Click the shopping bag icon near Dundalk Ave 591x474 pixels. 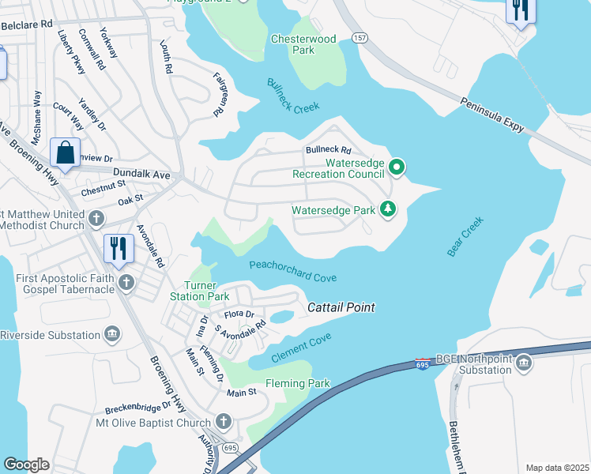click(66, 151)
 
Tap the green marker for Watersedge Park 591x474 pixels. click(388, 209)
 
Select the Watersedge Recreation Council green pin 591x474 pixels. click(397, 167)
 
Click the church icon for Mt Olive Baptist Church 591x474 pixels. click(224, 422)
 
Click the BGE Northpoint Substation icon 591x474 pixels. click(524, 363)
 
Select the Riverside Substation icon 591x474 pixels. click(113, 334)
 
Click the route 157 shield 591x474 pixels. click(360, 38)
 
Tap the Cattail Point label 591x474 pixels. click(341, 307)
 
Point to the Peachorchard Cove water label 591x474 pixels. click(293, 271)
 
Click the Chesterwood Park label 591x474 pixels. click(303, 44)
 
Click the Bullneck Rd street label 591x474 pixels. click(328, 150)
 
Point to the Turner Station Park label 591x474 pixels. click(199, 291)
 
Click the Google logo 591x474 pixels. click(26, 464)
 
